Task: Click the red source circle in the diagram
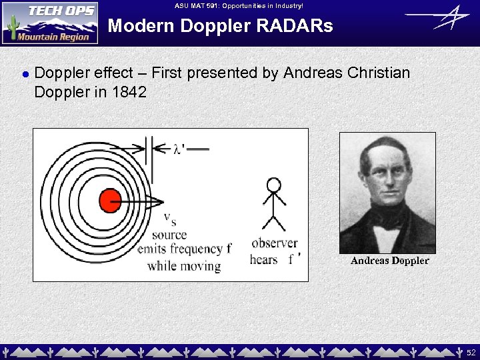[x=110, y=200]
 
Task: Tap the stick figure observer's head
[x=274, y=185]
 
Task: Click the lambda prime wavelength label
[x=179, y=149]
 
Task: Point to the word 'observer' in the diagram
[x=274, y=243]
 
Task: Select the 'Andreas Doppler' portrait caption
[x=389, y=261]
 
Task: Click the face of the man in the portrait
[x=387, y=177]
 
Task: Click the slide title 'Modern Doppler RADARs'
[x=220, y=26]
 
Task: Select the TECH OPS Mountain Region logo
[x=49, y=23]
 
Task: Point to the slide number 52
[x=471, y=351]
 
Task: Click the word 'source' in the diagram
[x=169, y=235]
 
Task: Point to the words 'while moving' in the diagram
[x=184, y=266]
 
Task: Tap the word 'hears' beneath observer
[x=264, y=259]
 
